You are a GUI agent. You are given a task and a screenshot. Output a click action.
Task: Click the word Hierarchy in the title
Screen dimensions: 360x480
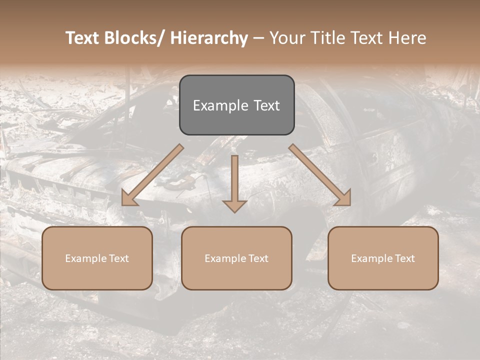coord(209,38)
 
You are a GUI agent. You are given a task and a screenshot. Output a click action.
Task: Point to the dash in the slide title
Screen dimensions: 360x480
coord(258,38)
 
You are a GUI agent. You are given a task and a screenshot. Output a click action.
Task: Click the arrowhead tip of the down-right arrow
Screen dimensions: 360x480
coord(349,204)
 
